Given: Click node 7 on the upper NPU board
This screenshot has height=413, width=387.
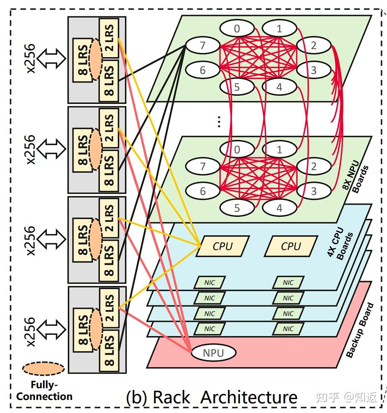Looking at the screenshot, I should tap(202, 45).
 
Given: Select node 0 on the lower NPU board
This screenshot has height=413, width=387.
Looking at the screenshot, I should tap(237, 149).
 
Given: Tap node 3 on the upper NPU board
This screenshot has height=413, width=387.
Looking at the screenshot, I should tap(314, 70).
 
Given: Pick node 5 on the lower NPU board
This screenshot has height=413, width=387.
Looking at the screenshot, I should tap(237, 208).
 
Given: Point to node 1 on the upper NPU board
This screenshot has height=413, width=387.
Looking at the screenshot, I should tap(279, 29).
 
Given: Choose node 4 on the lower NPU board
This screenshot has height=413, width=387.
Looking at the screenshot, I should tap(279, 208).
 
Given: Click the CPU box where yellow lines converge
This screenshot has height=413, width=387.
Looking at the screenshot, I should tap(222, 246).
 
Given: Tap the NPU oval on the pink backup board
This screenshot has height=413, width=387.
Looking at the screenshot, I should tap(213, 353).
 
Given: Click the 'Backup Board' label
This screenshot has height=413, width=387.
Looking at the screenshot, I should tap(359, 330).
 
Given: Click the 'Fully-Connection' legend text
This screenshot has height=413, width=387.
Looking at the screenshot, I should tap(44, 390).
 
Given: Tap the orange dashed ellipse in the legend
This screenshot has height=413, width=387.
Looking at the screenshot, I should tap(44, 369).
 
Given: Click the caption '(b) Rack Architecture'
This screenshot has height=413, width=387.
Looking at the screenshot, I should tap(212, 397).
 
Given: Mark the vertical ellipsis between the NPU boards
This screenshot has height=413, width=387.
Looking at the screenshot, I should tap(219, 121).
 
